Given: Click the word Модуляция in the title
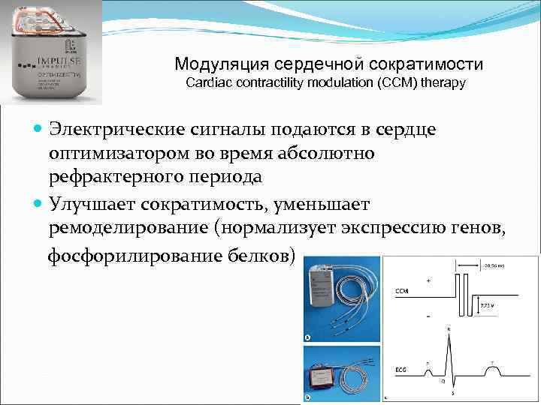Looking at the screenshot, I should tap(213, 64).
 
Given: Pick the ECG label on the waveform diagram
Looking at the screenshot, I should tap(402, 369).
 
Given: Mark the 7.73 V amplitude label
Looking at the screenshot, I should tap(488, 306).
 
